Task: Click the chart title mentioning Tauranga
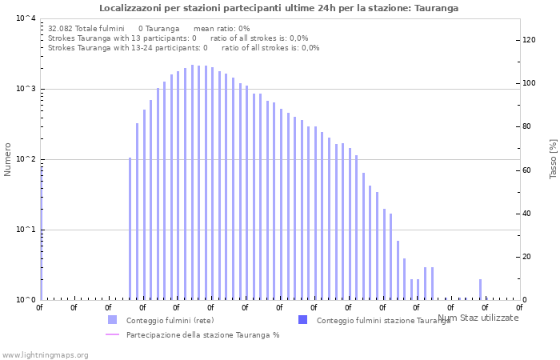(x=279, y=8)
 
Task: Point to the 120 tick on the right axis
(x=528, y=40)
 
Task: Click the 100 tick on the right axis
(x=528, y=83)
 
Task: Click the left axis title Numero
(x=8, y=159)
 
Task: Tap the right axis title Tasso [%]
(x=553, y=159)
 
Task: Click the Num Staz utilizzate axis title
(x=478, y=318)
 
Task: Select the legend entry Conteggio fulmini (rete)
(x=170, y=321)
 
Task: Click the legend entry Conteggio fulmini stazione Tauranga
(x=383, y=321)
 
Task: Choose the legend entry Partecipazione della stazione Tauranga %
(x=202, y=335)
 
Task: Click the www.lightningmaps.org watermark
(x=46, y=354)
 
